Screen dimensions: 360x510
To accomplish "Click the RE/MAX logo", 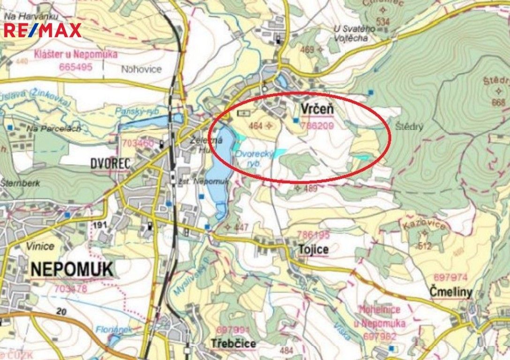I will click(x=43, y=30).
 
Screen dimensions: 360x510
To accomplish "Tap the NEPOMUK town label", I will click(x=72, y=270).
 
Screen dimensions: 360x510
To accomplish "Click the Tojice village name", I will click(x=313, y=249).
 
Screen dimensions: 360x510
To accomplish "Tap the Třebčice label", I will click(x=233, y=344).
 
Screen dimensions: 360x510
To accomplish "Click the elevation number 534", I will click(x=383, y=22).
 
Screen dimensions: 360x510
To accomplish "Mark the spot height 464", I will click(x=256, y=126).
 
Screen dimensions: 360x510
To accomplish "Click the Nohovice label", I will click(x=141, y=69).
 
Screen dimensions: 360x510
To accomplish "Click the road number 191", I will click(x=99, y=225).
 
